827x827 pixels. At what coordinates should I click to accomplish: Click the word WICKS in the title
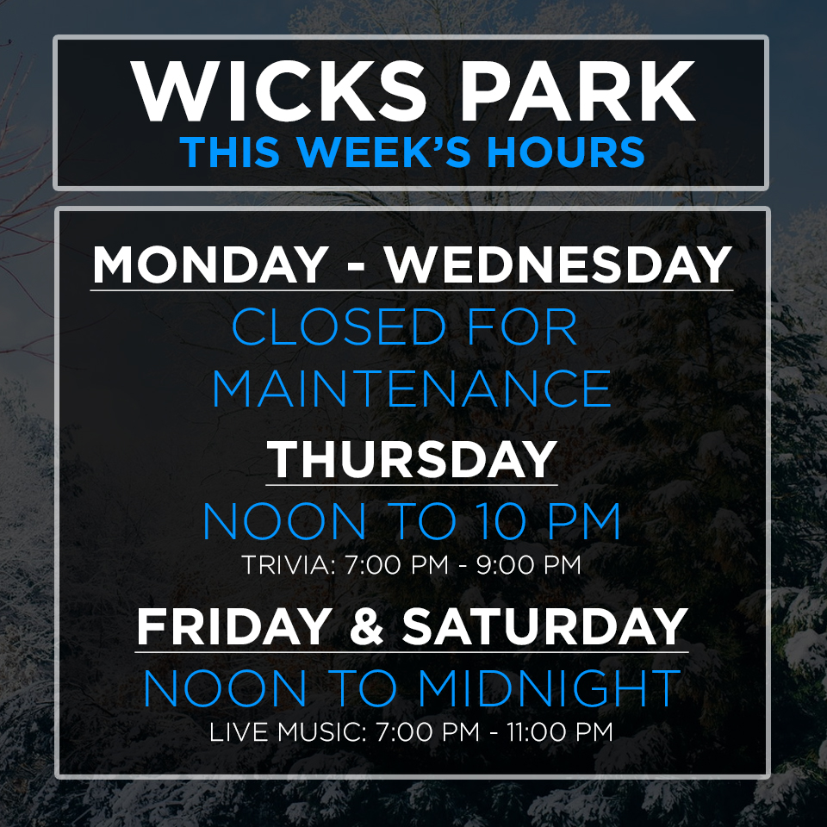278,90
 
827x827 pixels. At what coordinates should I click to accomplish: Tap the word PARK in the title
578,90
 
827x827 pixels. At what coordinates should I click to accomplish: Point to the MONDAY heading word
210,264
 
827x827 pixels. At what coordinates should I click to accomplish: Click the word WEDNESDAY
558,264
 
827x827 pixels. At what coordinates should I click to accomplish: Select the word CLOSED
339,327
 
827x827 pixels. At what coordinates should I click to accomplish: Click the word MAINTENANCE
412,389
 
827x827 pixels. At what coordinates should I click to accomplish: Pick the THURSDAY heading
412,459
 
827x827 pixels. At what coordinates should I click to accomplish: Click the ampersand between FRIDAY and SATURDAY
367,626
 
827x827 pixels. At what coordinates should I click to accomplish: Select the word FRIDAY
234,626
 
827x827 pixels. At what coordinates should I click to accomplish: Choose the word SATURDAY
544,626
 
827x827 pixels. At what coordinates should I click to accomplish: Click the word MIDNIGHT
549,688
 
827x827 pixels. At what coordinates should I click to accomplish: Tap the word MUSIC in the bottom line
321,732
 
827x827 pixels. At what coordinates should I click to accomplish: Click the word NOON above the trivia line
284,521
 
